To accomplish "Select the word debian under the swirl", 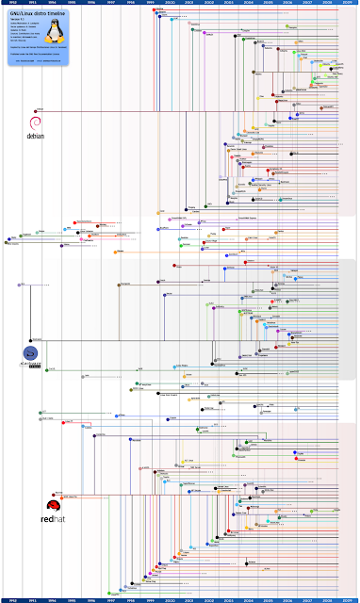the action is click(36, 136).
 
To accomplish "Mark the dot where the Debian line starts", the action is click(39, 111).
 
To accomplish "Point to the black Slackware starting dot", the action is click(31, 339).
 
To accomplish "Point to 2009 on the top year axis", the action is click(348, 4).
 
